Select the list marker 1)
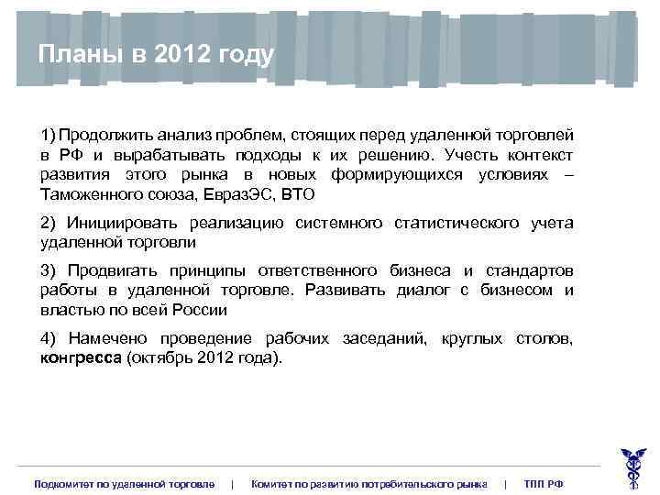(48, 134)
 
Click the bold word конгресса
(81, 358)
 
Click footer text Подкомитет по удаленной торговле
(125, 483)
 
